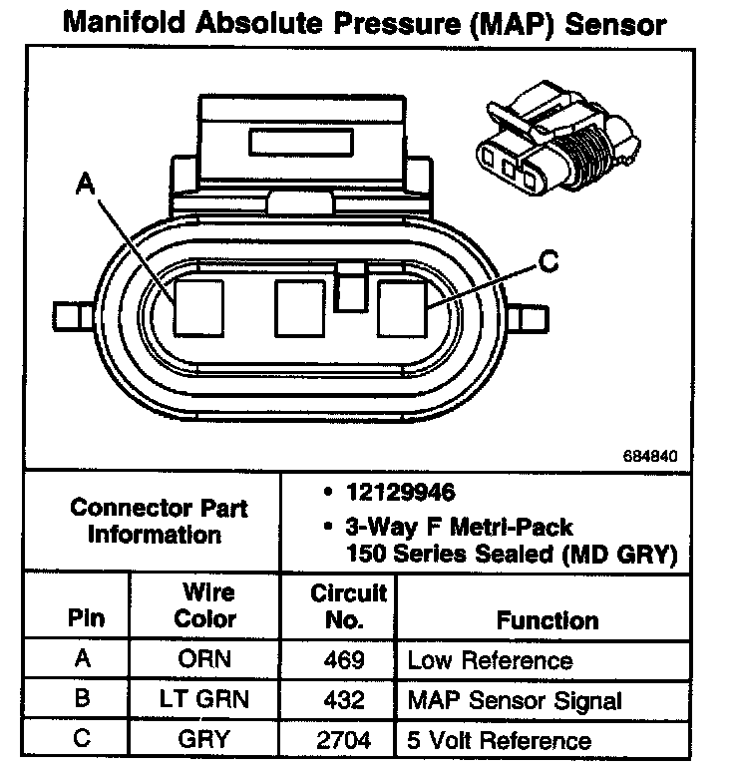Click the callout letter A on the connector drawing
tap(86, 184)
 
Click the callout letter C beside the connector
tap(548, 261)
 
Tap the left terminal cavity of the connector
tap(196, 306)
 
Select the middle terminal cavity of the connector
tap(300, 307)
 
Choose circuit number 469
tap(345, 660)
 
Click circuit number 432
tap(345, 700)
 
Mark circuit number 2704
tap(345, 740)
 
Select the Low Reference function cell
tap(490, 660)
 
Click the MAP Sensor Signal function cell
tap(515, 700)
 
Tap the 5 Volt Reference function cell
tap(499, 740)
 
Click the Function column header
tap(548, 620)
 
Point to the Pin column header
tap(86, 617)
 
